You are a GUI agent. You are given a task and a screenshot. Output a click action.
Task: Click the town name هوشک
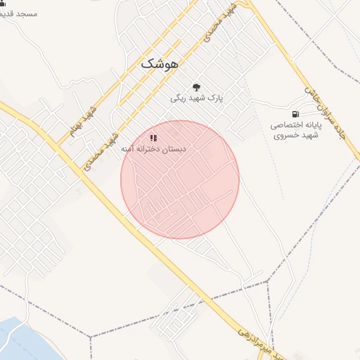160,63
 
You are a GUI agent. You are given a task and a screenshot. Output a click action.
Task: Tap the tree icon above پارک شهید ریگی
196,86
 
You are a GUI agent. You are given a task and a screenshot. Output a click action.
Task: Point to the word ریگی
178,99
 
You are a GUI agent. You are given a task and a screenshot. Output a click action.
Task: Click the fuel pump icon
294,113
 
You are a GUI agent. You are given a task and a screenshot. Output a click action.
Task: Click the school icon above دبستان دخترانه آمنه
154,138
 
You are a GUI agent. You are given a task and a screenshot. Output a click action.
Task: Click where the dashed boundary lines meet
268,282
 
